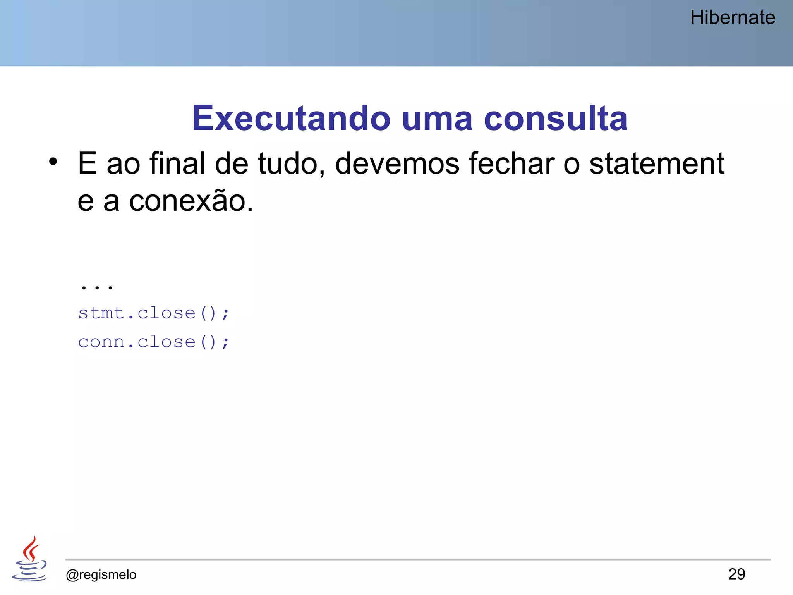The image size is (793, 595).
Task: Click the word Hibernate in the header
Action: tap(733, 18)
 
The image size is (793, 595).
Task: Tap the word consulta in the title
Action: tap(556, 118)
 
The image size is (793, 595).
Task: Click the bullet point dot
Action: tap(53, 162)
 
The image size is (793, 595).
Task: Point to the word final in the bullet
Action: tap(177, 163)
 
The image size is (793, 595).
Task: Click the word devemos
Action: tap(397, 164)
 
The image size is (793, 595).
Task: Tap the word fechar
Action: tap(512, 163)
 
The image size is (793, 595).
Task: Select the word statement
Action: tap(657, 164)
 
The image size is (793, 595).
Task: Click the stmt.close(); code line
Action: tap(154, 313)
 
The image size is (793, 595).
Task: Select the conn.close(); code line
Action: tap(154, 342)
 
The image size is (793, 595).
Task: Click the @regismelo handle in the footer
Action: tap(101, 574)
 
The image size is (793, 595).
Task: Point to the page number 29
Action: tap(736, 574)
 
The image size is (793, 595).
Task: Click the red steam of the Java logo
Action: tap(31, 549)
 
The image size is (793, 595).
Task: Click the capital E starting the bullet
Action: tap(87, 163)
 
